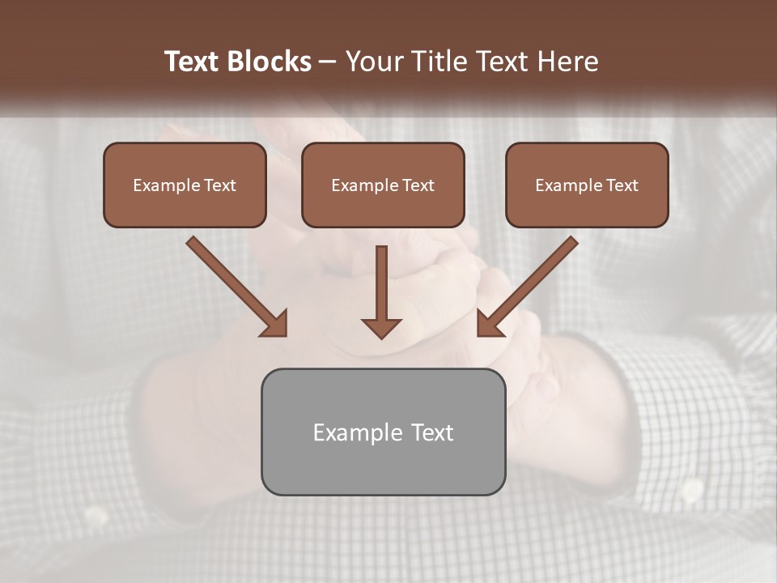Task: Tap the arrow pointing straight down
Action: (381, 291)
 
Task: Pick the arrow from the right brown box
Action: (526, 287)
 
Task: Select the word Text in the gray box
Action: (433, 432)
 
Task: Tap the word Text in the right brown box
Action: (622, 185)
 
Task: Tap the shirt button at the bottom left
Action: (97, 515)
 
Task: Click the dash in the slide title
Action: (328, 62)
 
